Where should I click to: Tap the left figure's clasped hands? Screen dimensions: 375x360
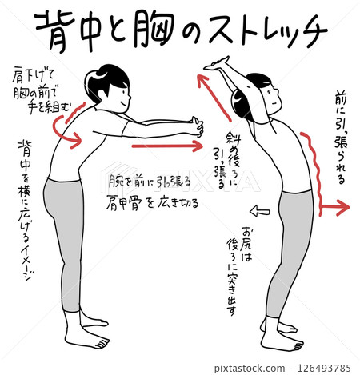(194, 126)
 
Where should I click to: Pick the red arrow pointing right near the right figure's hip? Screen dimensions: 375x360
(334, 209)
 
